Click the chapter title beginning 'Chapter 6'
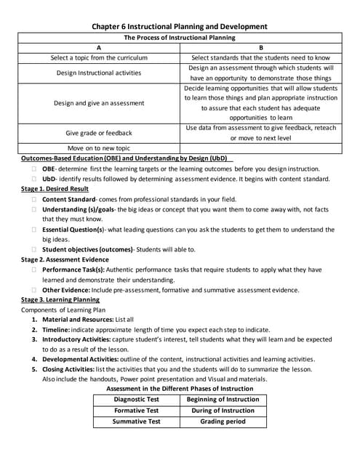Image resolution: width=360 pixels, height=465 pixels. pyautogui.click(x=180, y=26)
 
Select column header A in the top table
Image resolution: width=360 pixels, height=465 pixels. pyautogui.click(x=99, y=46)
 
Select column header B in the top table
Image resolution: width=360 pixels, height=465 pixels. pyautogui.click(x=260, y=46)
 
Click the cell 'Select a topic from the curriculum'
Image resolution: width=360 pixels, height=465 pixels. pyautogui.click(x=99, y=57)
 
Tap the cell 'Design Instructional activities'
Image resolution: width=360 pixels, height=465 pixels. pyautogui.click(x=99, y=73)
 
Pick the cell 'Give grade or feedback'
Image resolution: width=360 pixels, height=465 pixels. pyautogui.click(x=99, y=133)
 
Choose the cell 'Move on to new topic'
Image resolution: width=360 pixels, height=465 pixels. pyautogui.click(x=99, y=147)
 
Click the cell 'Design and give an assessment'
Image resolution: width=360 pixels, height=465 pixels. pyautogui.click(x=99, y=102)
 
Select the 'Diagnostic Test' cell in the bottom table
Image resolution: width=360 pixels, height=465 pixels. pyautogui.click(x=137, y=400)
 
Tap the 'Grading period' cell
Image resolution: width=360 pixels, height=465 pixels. pyautogui.click(x=223, y=421)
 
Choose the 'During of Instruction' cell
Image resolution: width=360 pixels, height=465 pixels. pyautogui.click(x=223, y=410)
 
